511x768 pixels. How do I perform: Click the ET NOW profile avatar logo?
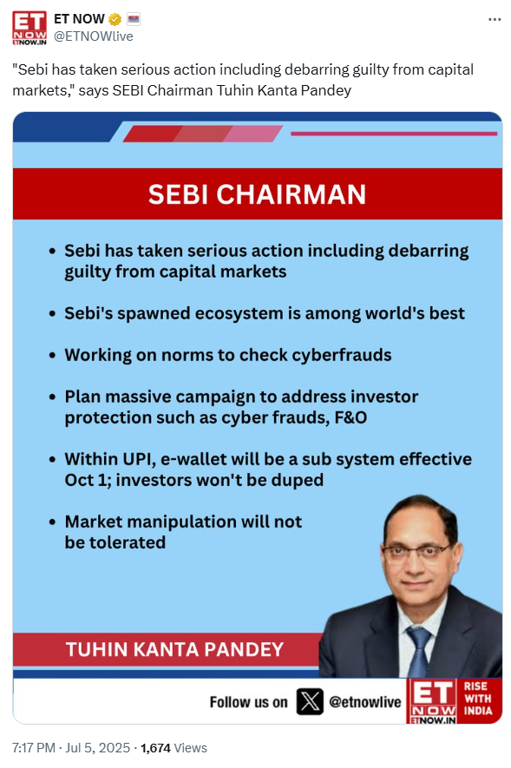point(29,28)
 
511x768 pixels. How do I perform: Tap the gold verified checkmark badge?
point(115,19)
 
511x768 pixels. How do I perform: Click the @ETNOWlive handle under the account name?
point(94,36)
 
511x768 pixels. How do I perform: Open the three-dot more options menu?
point(495,20)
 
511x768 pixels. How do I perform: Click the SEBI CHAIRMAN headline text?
point(257,194)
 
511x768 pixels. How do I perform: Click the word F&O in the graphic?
point(350,417)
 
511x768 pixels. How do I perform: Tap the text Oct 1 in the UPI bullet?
point(88,480)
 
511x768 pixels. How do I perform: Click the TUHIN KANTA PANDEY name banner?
point(174,649)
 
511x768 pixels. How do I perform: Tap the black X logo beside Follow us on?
point(310,701)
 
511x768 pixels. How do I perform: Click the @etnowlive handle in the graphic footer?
point(365,702)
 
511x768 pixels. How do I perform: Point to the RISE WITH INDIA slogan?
point(478,698)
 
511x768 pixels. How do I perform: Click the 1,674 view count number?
point(155,748)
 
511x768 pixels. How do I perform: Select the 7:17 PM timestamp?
point(33,748)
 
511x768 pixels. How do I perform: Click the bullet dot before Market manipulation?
point(52,522)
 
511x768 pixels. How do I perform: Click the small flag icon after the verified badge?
point(134,19)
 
